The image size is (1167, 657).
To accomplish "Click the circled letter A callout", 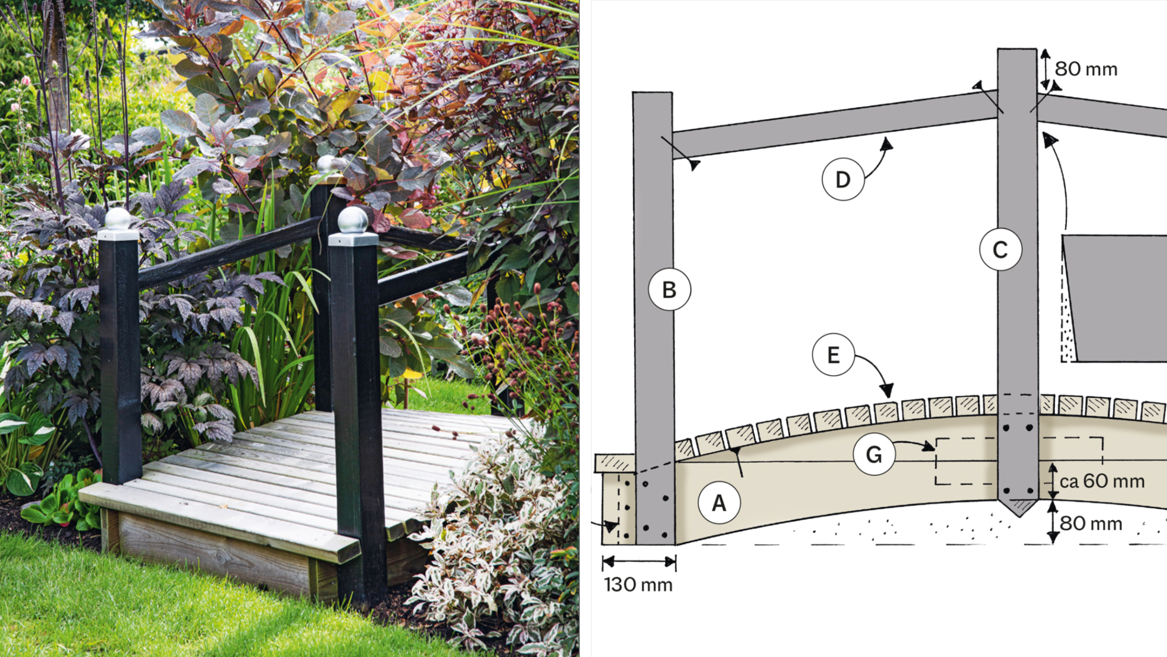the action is (x=719, y=503).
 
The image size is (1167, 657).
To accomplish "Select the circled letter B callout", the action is (x=669, y=289).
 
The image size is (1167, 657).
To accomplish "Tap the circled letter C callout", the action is (x=1000, y=250).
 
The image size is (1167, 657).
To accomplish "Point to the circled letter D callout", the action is (x=843, y=179).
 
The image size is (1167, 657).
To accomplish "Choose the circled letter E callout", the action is (x=833, y=355).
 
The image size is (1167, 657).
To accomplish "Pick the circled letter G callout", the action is (x=874, y=454).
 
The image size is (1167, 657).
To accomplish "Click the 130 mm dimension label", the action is (x=638, y=585).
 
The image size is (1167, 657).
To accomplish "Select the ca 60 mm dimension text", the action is (x=1102, y=481).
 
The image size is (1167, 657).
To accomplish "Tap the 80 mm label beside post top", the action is (x=1086, y=69).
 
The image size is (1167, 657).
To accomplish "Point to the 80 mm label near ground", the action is (x=1090, y=524).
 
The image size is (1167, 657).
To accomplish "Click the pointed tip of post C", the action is (x=1018, y=517).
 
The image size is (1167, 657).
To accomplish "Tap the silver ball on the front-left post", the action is (x=118, y=219).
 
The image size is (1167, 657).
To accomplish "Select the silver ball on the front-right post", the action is (x=353, y=220).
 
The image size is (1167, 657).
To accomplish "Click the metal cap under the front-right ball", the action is (x=353, y=239).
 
